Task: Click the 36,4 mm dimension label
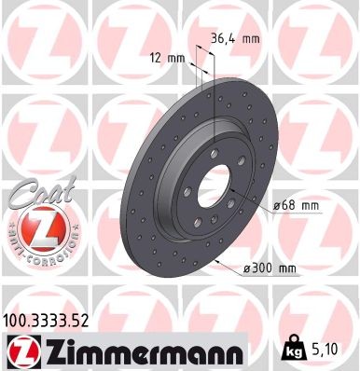tap(238, 39)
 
